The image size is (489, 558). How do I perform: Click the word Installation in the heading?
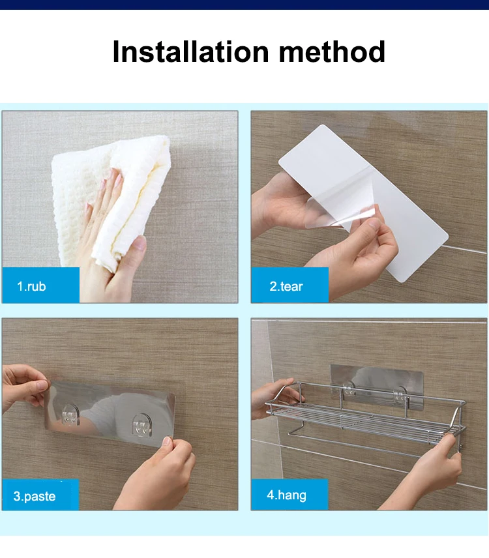point(190,52)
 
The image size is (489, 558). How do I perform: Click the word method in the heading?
point(332,52)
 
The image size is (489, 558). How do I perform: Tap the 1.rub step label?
point(31,286)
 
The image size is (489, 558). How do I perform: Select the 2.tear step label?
point(286,286)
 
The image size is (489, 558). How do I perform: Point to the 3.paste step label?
point(35,496)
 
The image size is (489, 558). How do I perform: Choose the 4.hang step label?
point(286,495)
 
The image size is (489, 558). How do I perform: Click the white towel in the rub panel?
point(110,199)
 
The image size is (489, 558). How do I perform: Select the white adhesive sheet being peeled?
point(363,203)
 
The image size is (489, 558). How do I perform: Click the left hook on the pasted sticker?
point(70,414)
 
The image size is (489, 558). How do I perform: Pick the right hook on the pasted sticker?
point(141,425)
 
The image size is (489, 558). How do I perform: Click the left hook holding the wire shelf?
point(349,389)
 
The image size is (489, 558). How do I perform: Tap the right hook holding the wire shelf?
point(400,394)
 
